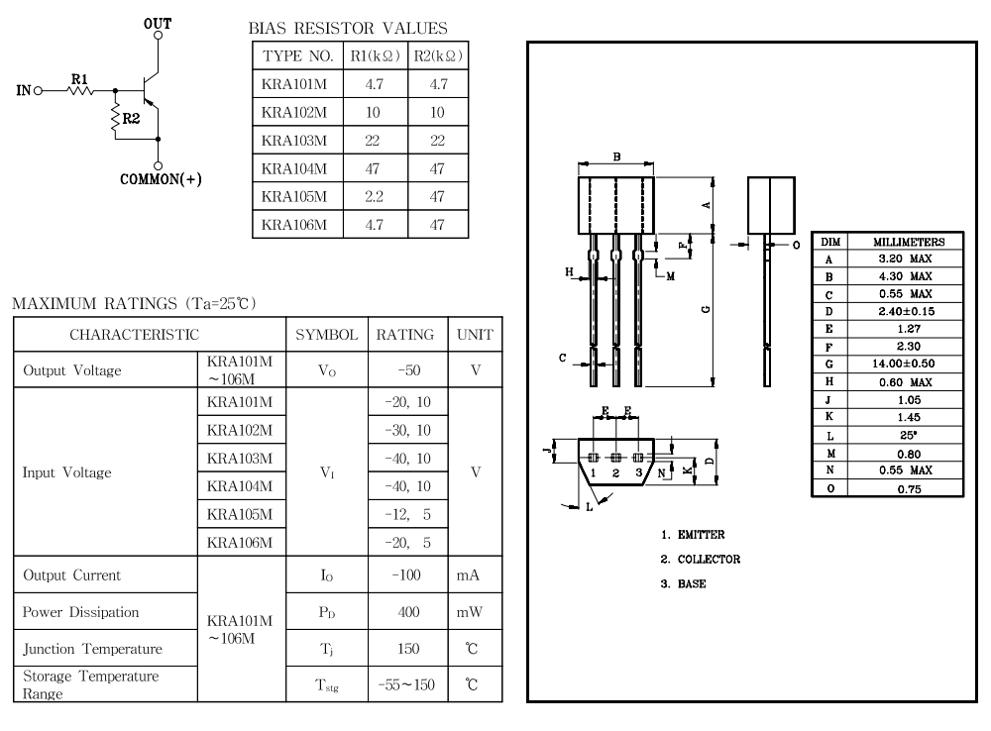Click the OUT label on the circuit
coord(158,22)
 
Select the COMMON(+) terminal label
coord(162,179)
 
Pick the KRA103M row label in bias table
coord(294,140)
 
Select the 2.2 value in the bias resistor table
coord(375,196)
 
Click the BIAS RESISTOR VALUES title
coord(350,29)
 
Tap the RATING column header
coord(405,335)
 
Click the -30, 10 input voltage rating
coord(405,429)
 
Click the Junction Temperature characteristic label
coord(79,649)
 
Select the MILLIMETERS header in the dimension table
coord(908,242)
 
